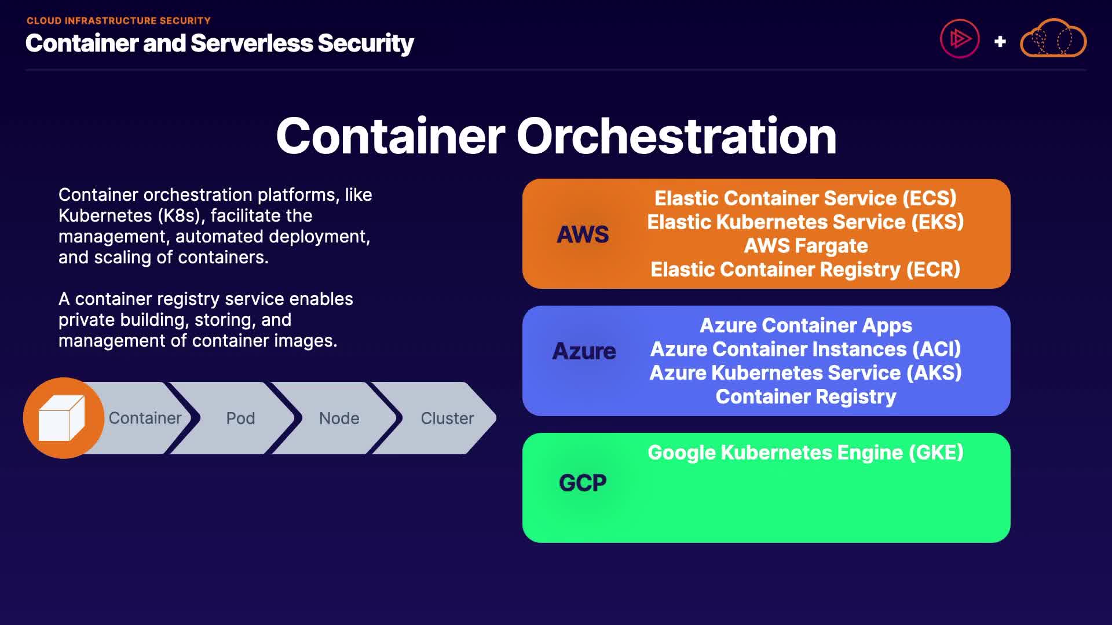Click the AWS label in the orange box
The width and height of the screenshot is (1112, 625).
click(x=583, y=234)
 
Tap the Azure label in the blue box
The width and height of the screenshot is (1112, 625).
click(x=584, y=351)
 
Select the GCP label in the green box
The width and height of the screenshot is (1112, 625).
click(x=583, y=483)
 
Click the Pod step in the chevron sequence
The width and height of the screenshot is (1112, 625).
click(x=240, y=418)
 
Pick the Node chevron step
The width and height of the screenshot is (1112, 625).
click(x=339, y=418)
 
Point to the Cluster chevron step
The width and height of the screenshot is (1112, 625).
click(x=447, y=418)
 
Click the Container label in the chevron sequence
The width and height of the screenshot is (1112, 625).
click(x=145, y=418)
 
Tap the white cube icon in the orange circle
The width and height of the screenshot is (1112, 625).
click(x=61, y=418)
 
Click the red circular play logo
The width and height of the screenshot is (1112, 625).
click(x=960, y=39)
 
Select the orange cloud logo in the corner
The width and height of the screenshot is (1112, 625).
click(x=1053, y=38)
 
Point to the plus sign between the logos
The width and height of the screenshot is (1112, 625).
click(x=1000, y=42)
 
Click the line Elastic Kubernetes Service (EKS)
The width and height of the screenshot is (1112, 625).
click(x=806, y=222)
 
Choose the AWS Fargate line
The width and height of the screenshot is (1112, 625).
click(x=806, y=246)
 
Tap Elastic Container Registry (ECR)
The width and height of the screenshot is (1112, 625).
click(x=806, y=270)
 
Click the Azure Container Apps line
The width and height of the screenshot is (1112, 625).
click(x=806, y=326)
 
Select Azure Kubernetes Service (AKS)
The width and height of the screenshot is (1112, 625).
click(x=806, y=373)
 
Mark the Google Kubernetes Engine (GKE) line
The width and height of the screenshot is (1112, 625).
click(x=806, y=453)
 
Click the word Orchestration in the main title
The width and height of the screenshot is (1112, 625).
click(x=676, y=136)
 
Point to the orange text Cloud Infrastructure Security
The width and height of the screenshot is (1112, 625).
click(x=119, y=21)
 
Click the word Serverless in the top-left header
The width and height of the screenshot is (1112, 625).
click(x=251, y=43)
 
